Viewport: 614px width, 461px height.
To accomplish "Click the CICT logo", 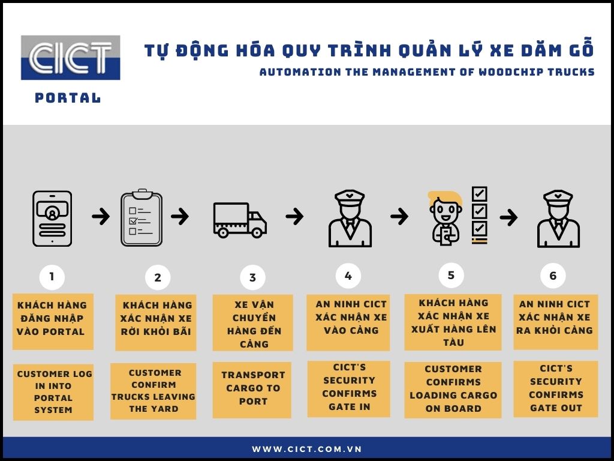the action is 71,58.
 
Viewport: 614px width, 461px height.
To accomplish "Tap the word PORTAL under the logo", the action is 68,98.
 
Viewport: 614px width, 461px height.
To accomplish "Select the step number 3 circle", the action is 252,277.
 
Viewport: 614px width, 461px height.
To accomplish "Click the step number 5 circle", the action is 451,275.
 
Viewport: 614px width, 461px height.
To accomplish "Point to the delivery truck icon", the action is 240,220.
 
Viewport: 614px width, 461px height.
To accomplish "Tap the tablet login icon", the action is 52,218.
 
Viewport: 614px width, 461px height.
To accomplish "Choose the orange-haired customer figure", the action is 446,218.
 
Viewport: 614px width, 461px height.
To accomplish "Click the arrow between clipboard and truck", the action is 180,216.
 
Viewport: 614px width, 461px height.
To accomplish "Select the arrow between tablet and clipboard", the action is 101,216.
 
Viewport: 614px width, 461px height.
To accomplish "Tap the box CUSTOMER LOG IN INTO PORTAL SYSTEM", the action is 53,392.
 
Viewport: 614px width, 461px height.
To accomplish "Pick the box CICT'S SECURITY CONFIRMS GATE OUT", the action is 556,389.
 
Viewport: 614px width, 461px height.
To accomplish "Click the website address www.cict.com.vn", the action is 306,449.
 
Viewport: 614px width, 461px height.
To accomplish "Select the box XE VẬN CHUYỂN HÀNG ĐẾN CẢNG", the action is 252,322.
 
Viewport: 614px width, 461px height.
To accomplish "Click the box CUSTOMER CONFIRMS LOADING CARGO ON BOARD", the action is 453,390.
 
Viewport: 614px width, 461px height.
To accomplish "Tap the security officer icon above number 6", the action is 558,218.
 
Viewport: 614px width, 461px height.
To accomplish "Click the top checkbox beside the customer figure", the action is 479,194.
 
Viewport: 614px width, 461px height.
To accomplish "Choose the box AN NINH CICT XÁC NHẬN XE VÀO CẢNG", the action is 348,322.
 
